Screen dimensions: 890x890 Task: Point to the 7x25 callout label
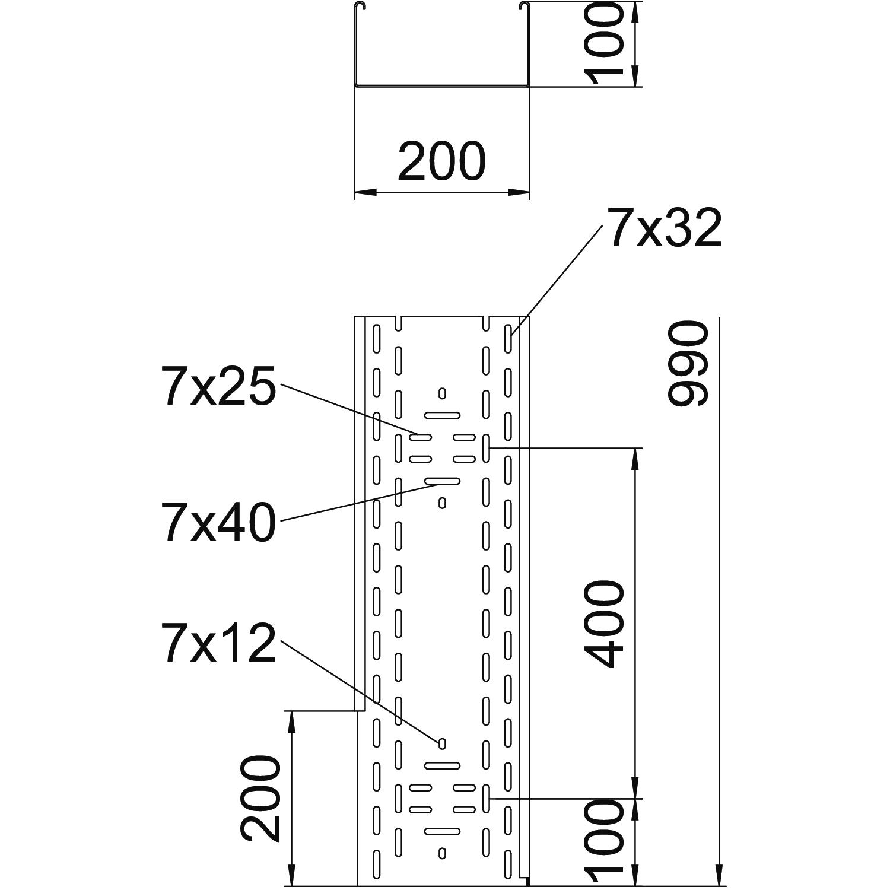219,386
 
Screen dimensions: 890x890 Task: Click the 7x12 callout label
219,643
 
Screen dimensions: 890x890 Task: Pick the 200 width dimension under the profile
441,161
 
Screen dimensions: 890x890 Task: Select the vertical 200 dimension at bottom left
261,799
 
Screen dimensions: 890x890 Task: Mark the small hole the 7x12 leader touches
442,743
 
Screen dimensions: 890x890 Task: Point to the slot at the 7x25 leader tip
421,438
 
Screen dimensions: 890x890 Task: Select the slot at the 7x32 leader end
508,336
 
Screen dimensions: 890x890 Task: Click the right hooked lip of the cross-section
523,7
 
